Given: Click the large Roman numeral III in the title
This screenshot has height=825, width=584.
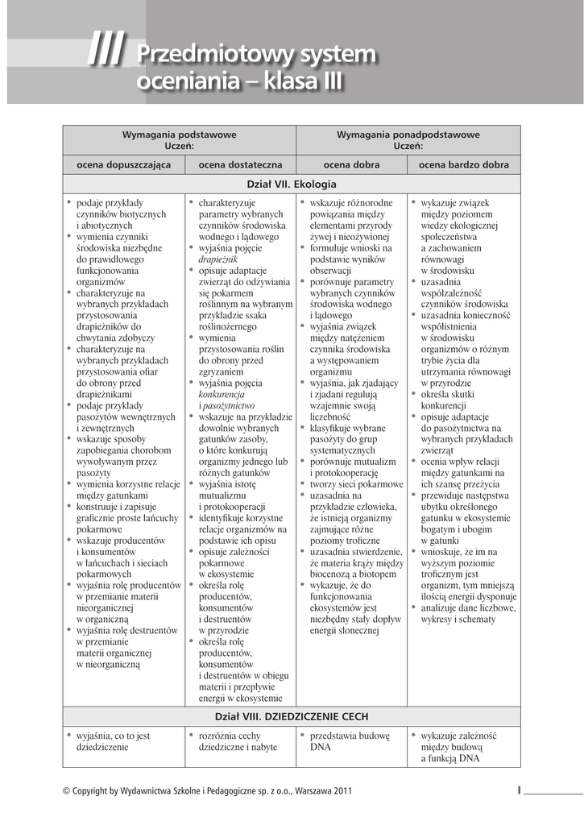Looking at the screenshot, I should [106, 54].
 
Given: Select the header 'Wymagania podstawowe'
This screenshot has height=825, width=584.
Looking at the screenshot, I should [179, 134].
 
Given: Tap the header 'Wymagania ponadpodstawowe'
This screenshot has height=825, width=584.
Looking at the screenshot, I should [408, 134].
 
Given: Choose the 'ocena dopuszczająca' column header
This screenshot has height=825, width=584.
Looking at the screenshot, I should [123, 164].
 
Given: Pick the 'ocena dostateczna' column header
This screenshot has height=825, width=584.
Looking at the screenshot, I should [240, 164].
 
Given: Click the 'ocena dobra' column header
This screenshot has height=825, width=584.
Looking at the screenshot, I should [351, 164].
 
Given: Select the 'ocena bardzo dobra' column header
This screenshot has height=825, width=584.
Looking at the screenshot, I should [464, 164].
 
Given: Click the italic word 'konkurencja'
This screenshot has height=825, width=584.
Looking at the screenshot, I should [222, 396].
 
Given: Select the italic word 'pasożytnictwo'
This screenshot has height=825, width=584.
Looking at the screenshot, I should [229, 407].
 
